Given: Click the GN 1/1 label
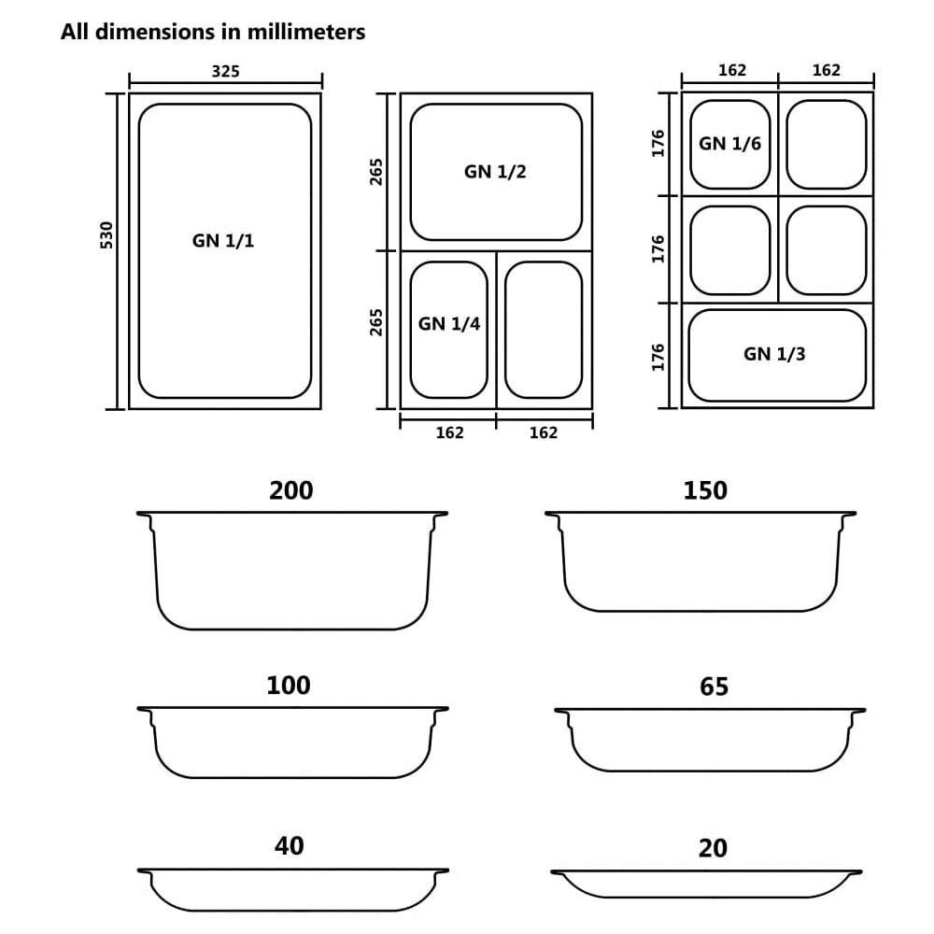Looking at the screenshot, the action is pyautogui.click(x=223, y=241).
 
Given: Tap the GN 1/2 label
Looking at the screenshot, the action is pyautogui.click(x=495, y=172).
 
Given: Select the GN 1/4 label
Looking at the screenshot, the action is pyautogui.click(x=448, y=323).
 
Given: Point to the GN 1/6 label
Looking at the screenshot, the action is pyautogui.click(x=729, y=144).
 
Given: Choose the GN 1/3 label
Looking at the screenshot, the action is pyautogui.click(x=774, y=354).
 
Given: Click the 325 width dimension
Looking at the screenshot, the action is pyautogui.click(x=226, y=72).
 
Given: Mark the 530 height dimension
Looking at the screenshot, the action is pyautogui.click(x=106, y=234).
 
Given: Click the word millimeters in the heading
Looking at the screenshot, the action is pyautogui.click(x=306, y=32).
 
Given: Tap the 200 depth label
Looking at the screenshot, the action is pyautogui.click(x=290, y=490).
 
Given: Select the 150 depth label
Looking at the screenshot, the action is pyautogui.click(x=704, y=490).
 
